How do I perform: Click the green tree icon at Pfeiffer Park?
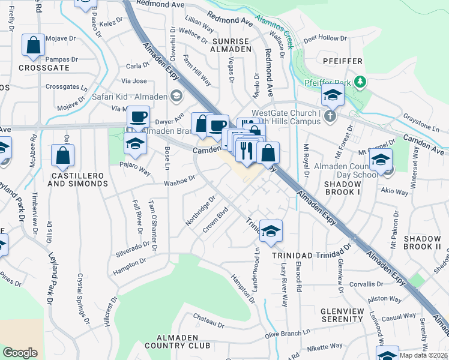[360, 81]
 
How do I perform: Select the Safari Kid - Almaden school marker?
[176, 95]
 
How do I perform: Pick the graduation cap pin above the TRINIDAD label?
[271, 230]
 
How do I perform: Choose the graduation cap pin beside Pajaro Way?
[136, 144]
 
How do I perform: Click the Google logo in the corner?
[20, 353]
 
